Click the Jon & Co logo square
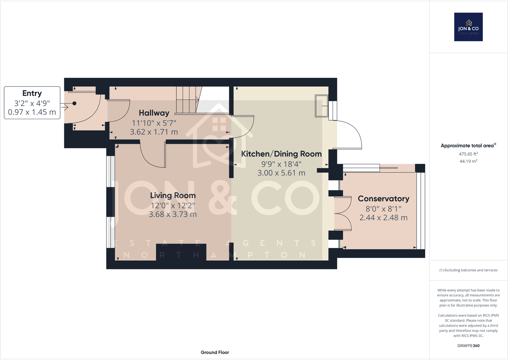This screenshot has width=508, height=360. (x=468, y=27)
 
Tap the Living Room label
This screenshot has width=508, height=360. (x=173, y=195)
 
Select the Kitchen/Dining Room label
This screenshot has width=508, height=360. (x=281, y=154)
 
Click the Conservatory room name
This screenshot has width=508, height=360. (x=383, y=199)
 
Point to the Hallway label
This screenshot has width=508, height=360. (x=154, y=113)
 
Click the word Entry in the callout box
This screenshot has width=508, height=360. (x=32, y=93)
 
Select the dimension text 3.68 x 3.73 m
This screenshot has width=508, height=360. (x=173, y=214)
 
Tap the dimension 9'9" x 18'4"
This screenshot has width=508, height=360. (x=281, y=164)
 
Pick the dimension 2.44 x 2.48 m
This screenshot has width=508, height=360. (x=383, y=218)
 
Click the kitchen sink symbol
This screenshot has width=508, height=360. (x=322, y=106)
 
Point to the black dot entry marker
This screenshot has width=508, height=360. (x=74, y=103)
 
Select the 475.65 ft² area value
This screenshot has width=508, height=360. (x=468, y=154)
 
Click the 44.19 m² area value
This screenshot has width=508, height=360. (x=468, y=161)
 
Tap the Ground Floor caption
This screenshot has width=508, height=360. (x=215, y=352)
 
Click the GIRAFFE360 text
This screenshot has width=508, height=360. (x=468, y=346)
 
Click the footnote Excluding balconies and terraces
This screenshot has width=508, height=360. (x=468, y=270)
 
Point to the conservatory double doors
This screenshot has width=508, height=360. (x=343, y=213)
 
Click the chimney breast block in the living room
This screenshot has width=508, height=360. (x=181, y=252)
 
